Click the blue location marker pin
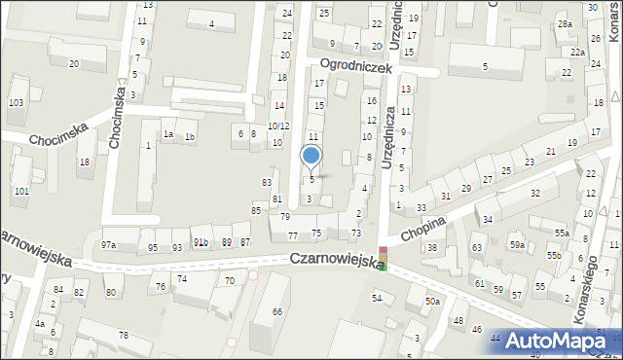[x=311, y=156]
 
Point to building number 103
[x=16, y=102]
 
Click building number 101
[x=21, y=191]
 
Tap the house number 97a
[x=108, y=245]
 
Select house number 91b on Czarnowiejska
[x=201, y=242]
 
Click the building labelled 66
[x=277, y=311]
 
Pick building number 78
[x=123, y=335]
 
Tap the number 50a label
[x=432, y=302]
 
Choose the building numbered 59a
[x=516, y=245]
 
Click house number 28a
[x=565, y=23]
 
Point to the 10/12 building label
[x=278, y=126]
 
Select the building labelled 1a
[x=168, y=135]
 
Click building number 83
[x=267, y=182]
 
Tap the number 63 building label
[x=477, y=248]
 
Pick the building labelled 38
[x=432, y=247]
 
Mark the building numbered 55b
[x=553, y=255]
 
